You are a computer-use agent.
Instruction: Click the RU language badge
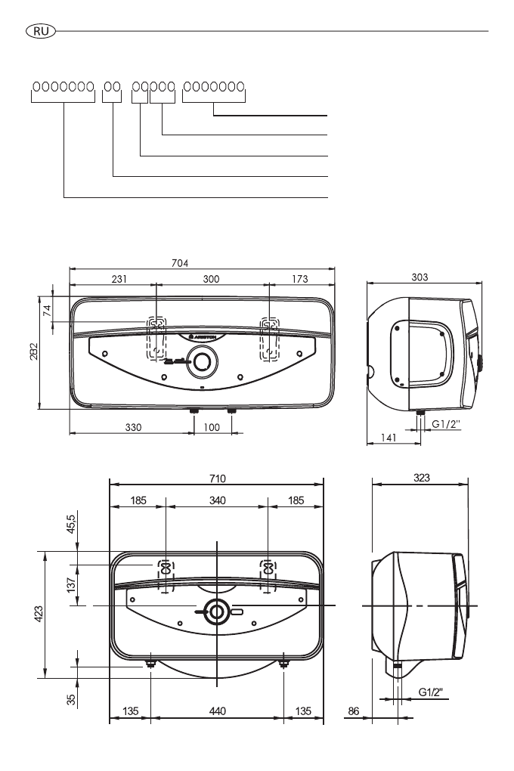coord(41,32)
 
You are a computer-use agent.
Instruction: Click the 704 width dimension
coord(180,263)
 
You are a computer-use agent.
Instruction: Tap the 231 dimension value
coord(119,279)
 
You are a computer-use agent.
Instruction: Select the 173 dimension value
coord(299,279)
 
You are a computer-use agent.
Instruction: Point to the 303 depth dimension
coord(420,277)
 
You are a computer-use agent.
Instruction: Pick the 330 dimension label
coord(133,427)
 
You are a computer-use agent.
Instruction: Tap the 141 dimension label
coord(388,437)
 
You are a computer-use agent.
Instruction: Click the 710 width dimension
coord(217,478)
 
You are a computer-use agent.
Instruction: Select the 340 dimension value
coord(217,500)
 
